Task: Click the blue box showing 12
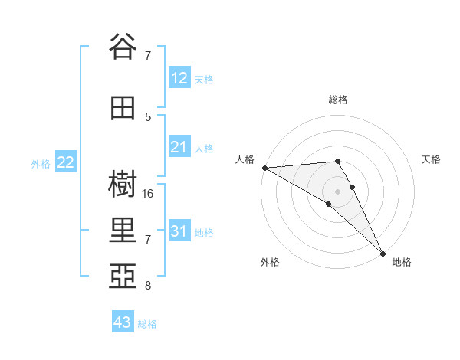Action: [179, 78]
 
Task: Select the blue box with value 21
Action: [179, 147]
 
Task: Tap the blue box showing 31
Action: [179, 231]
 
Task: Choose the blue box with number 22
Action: [66, 162]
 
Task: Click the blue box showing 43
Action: [123, 322]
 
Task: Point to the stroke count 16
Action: [148, 194]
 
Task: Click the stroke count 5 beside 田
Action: [148, 117]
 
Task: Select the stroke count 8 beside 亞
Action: [148, 286]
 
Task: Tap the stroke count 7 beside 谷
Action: [148, 55]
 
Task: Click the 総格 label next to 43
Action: [148, 324]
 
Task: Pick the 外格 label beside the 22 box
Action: [41, 163]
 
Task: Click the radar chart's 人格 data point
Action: [264, 168]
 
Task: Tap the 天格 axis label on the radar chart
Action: [432, 159]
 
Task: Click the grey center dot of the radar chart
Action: [337, 191]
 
